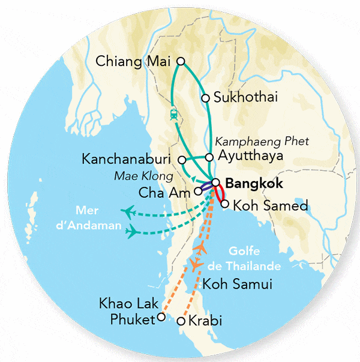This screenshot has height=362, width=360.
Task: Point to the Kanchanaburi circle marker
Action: pyautogui.click(x=182, y=159)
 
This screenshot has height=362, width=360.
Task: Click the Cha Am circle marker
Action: pyautogui.click(x=198, y=192)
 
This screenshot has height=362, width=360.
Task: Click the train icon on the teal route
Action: pyautogui.click(x=173, y=113)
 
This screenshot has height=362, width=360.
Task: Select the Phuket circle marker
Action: pyautogui.click(x=160, y=318)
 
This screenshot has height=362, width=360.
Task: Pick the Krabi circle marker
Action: pyautogui.click(x=182, y=322)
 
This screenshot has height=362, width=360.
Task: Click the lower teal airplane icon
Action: pyautogui.click(x=133, y=231)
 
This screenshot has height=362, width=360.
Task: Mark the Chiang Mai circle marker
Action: pyautogui.click(x=181, y=61)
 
